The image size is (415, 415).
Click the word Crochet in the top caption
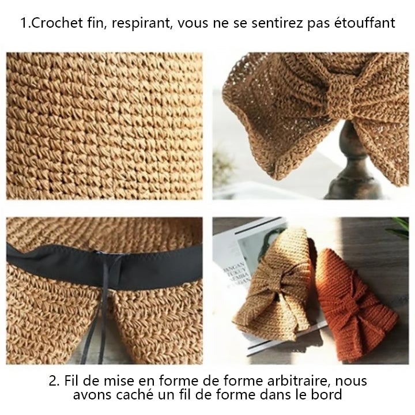pyautogui.click(x=51, y=24)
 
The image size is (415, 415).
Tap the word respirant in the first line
pyautogui.click(x=135, y=24)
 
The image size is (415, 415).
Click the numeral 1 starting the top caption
pyautogui.click(x=23, y=24)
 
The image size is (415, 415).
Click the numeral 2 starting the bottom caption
pyautogui.click(x=52, y=382)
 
